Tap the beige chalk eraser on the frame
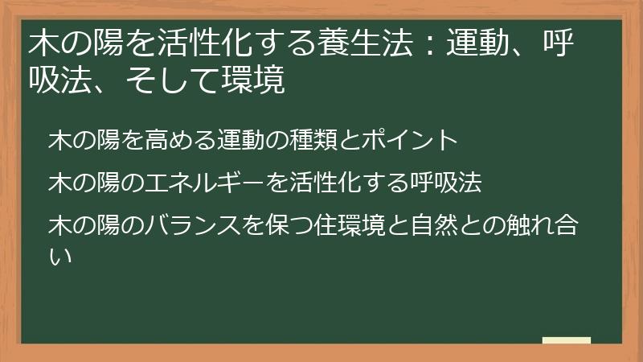pyautogui.click(x=566, y=340)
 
